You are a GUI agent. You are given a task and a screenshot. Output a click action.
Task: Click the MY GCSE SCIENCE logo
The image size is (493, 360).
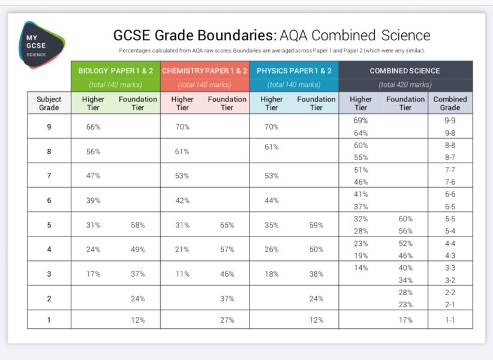[40, 45]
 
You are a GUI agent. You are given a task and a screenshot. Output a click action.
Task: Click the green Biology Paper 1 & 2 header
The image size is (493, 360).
[116, 71]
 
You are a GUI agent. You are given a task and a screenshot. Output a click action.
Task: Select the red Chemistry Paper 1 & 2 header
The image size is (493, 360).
[205, 71]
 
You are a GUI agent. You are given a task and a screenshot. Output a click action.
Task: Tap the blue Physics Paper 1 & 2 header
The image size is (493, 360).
[294, 71]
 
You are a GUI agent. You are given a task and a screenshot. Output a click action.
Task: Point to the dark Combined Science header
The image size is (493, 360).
[405, 71]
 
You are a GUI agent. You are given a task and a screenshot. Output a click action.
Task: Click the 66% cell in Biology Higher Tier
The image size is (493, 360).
[93, 127]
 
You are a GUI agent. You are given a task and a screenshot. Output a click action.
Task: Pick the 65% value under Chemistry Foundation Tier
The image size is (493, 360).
[227, 225]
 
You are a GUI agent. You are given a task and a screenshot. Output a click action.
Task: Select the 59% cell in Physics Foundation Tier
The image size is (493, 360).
[316, 225]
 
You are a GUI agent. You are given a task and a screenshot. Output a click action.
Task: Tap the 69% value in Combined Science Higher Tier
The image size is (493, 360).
[360, 121]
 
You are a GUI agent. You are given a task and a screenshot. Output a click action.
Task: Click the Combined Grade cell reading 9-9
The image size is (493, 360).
[450, 121]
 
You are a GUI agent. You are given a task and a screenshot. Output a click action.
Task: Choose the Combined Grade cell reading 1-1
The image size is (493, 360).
[450, 320]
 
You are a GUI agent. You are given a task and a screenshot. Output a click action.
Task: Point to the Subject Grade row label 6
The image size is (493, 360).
[49, 200]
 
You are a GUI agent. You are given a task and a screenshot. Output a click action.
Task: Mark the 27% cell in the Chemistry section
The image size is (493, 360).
[227, 320]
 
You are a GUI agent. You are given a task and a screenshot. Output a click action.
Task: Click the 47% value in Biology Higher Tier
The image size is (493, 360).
[93, 176]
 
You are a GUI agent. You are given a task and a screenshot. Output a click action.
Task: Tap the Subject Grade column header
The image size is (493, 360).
[49, 103]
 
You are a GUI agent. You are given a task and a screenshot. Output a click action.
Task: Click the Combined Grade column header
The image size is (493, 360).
[450, 103]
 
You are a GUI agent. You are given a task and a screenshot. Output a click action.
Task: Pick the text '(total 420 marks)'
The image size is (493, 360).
[405, 85]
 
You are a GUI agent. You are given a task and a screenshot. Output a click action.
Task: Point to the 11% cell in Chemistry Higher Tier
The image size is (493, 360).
[182, 274]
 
